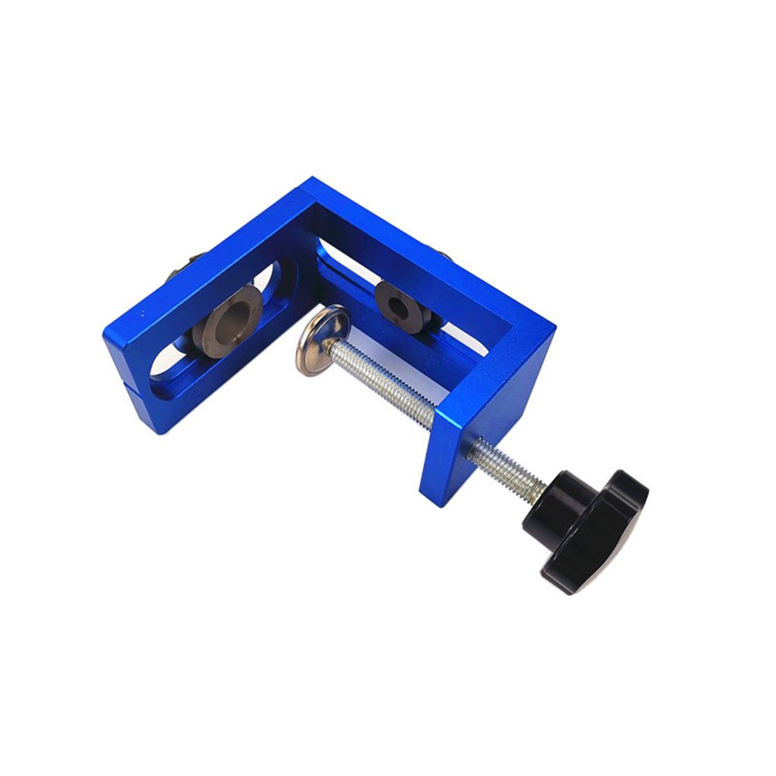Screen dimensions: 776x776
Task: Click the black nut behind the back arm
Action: (x=444, y=255)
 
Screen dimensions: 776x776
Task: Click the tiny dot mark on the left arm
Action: (x=142, y=314)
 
